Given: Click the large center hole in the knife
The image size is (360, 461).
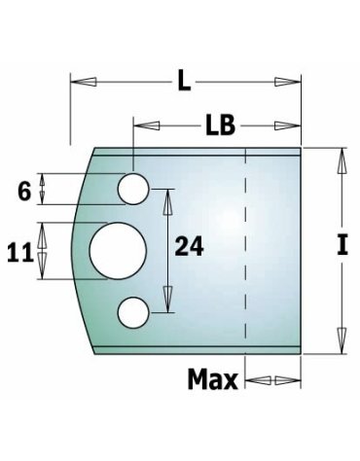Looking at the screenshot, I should [118, 249].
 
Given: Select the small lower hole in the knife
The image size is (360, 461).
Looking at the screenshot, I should [133, 312].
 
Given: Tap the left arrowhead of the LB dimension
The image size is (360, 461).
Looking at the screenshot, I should [139, 125].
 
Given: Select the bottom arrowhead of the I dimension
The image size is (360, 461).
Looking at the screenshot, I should [342, 343].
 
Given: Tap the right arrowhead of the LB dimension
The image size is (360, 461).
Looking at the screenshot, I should [298, 125].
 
